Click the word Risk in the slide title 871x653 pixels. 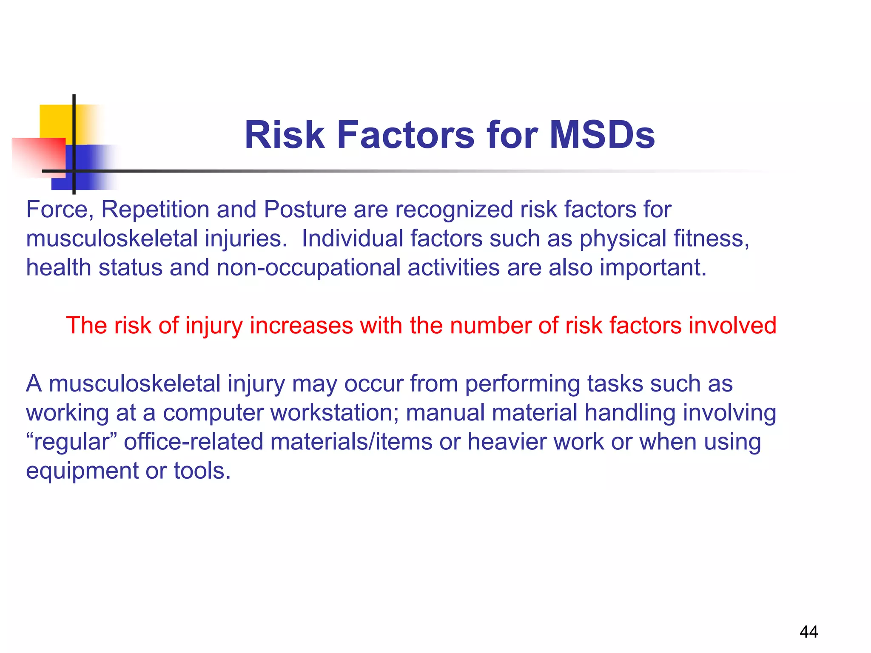(x=284, y=135)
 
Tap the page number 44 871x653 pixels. (x=808, y=632)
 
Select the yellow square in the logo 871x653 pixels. (x=55, y=121)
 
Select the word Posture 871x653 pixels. (x=305, y=210)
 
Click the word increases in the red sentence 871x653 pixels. (x=301, y=326)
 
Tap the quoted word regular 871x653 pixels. (x=71, y=442)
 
